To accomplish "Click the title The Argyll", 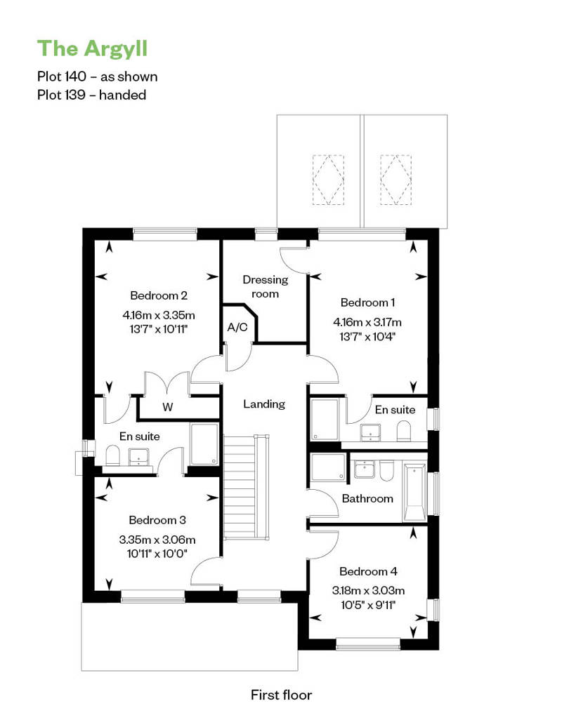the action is coord(92,48).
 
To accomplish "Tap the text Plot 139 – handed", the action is coord(92,95).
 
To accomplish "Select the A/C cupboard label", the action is coord(237,327).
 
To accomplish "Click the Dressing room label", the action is coord(265,286).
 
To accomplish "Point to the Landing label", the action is coord(264,403).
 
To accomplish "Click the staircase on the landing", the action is coord(247,487).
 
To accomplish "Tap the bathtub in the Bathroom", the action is coord(414,493).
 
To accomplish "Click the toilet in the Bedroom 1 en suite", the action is coord(404,431).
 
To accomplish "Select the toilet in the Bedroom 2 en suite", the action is coord(112,455).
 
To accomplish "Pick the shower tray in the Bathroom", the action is coord(328,467).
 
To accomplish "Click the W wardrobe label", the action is coord(167,407).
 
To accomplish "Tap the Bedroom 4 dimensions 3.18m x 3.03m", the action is coord(368,591).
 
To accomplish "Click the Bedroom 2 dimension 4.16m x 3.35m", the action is coord(159,315).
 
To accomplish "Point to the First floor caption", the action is coord(281,695).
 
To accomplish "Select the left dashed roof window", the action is coord(328,180).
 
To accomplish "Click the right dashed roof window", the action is coord(396,180).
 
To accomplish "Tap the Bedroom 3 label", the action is coord(157,520).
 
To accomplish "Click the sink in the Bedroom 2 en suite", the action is coord(139,457).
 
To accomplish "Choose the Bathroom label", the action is coord(367,498).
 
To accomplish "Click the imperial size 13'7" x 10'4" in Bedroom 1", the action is coord(367,337).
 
